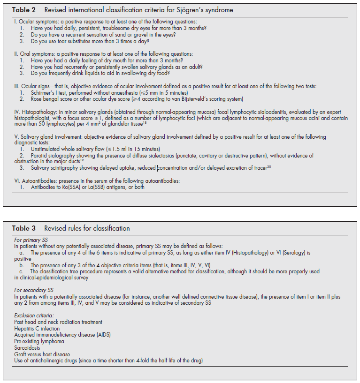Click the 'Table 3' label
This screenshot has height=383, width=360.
(23, 228)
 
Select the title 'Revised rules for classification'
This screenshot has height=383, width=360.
(87, 228)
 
